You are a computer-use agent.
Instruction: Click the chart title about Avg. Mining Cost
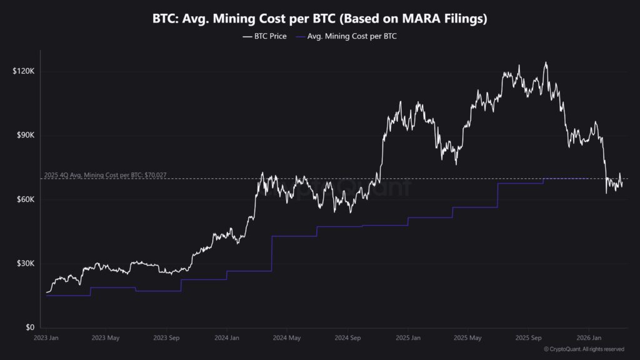(319, 19)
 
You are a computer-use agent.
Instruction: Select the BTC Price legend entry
(265, 37)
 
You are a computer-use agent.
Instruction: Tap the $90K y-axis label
(24, 136)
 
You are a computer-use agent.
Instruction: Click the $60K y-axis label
(24, 199)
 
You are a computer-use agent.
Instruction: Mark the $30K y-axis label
(24, 264)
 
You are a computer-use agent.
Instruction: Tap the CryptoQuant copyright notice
(584, 349)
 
